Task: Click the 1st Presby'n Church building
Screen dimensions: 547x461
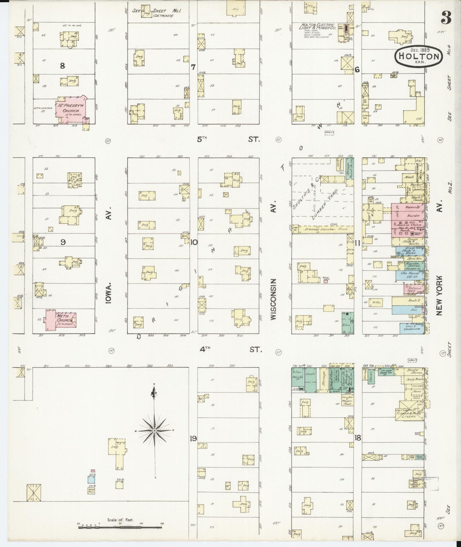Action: pos(71,108)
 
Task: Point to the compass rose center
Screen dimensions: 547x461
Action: pos(155,431)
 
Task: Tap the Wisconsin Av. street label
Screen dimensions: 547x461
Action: pos(274,298)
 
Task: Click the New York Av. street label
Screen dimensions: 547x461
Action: pos(440,295)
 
